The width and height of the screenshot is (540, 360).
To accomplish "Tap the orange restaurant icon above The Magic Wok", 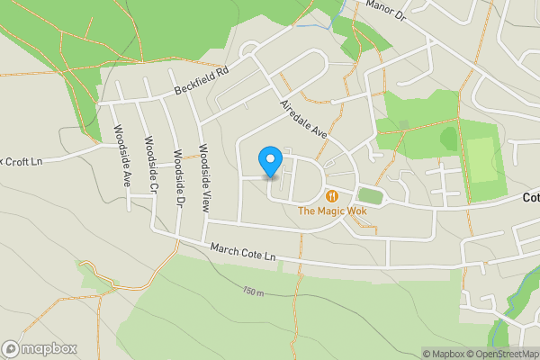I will [x=332, y=195].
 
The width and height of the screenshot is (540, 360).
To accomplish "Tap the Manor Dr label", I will [x=386, y=10].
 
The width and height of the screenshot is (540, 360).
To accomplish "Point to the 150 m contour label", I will [x=254, y=292].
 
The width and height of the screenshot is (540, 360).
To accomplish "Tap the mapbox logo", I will [x=40, y=348].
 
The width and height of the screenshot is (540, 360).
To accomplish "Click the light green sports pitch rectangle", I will [x=482, y=159].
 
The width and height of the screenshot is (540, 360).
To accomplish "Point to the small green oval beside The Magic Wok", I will [x=370, y=195].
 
